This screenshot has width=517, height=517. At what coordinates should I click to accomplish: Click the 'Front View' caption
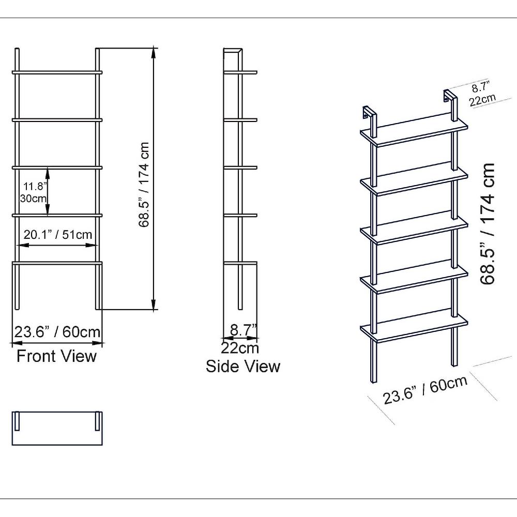56,356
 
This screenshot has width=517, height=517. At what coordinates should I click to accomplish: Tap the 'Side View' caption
243,367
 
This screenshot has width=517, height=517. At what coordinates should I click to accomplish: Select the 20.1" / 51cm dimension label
58,234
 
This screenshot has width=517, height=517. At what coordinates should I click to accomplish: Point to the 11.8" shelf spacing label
33,186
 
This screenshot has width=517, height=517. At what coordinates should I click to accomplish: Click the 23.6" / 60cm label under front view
57,331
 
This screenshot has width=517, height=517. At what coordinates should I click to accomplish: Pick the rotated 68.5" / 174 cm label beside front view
144,185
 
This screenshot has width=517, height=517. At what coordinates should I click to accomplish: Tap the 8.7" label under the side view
244,330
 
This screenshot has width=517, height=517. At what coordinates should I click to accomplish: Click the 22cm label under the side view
240,348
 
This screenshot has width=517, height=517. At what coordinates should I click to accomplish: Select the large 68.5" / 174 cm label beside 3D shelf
488,223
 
